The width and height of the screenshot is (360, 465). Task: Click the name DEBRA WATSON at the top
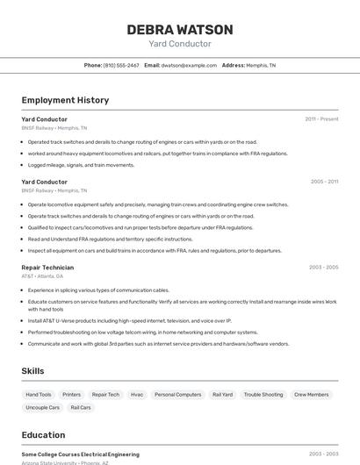(179, 29)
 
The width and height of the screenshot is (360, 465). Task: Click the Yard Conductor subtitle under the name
(179, 44)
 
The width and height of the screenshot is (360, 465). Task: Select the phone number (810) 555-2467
(121, 65)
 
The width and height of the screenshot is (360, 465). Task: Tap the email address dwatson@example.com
(189, 65)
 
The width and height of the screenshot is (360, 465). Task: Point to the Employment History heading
(65, 100)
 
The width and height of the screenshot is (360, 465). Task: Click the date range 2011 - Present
(321, 118)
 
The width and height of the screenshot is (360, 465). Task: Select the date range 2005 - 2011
(324, 182)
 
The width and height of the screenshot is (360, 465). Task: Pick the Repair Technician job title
(47, 268)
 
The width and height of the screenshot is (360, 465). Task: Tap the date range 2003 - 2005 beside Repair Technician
(324, 268)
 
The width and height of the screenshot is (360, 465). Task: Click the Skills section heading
(32, 371)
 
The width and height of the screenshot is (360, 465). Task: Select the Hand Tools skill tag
(39, 395)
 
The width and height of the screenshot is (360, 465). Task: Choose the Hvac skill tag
(137, 395)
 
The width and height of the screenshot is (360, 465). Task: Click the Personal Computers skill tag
(177, 395)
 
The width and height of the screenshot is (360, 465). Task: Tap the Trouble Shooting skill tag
(263, 395)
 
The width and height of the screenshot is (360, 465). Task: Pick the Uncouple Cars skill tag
(43, 407)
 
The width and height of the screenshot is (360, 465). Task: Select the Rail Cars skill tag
(81, 407)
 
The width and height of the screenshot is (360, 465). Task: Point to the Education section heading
(43, 435)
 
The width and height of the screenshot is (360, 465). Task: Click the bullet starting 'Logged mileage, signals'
(81, 165)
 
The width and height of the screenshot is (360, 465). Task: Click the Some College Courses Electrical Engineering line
(80, 454)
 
